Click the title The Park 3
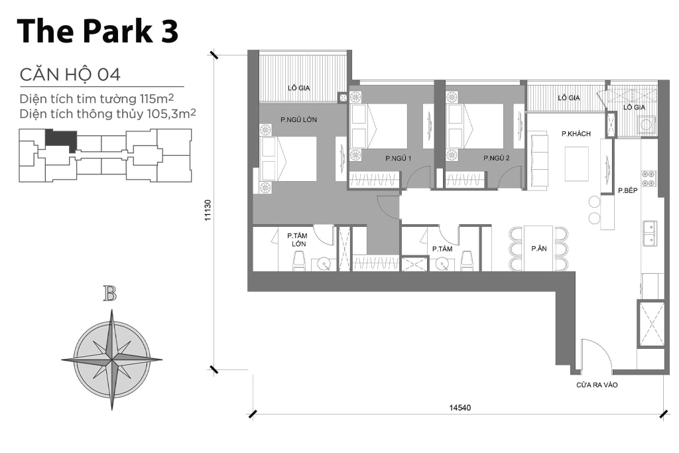pos(97,31)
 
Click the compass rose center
pos(111,359)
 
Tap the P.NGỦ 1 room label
pos(399,159)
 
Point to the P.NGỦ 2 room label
pos(496,159)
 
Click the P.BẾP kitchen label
pos(627,190)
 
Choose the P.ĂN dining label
pos(538,249)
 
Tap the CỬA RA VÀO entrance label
pos(597,384)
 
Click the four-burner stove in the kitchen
pos(648,178)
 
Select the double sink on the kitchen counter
pos(649,232)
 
